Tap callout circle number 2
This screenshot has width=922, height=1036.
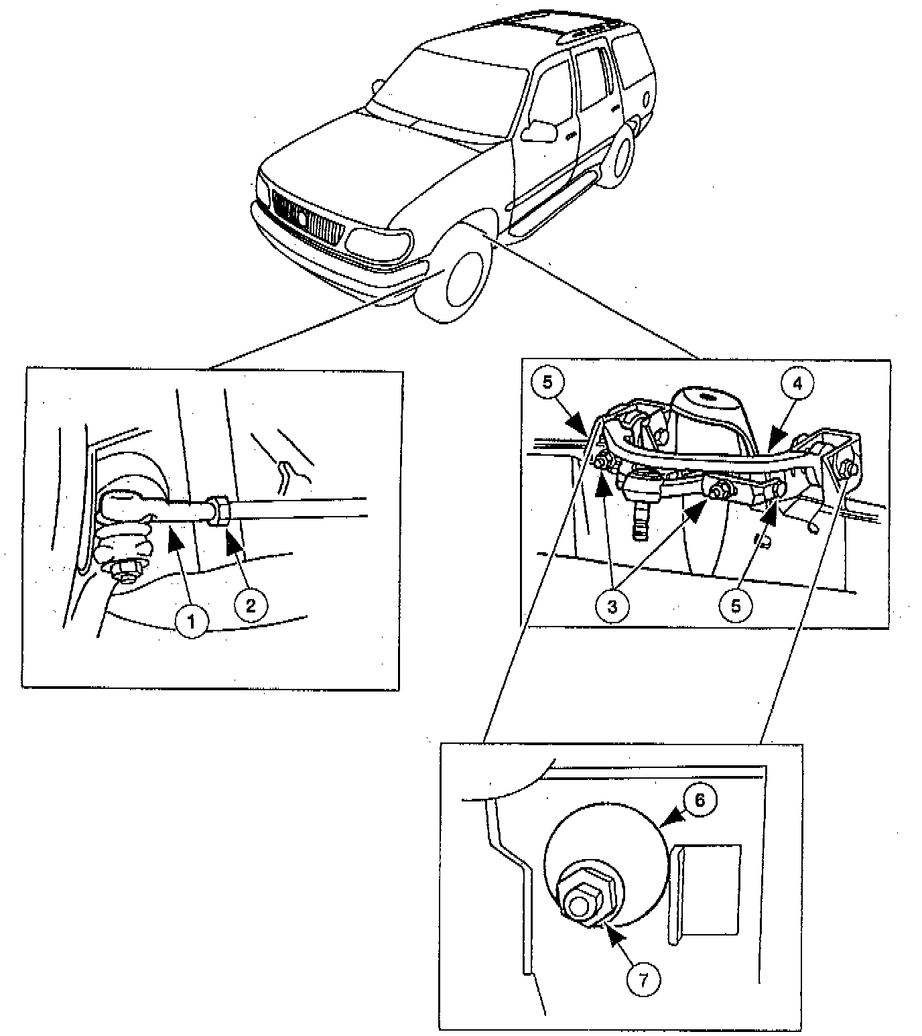[250, 605]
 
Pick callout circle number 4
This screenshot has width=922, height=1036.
[796, 383]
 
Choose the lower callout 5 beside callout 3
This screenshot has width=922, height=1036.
[735, 605]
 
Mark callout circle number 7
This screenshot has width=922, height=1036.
[643, 980]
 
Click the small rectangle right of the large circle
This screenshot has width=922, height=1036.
[709, 889]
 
